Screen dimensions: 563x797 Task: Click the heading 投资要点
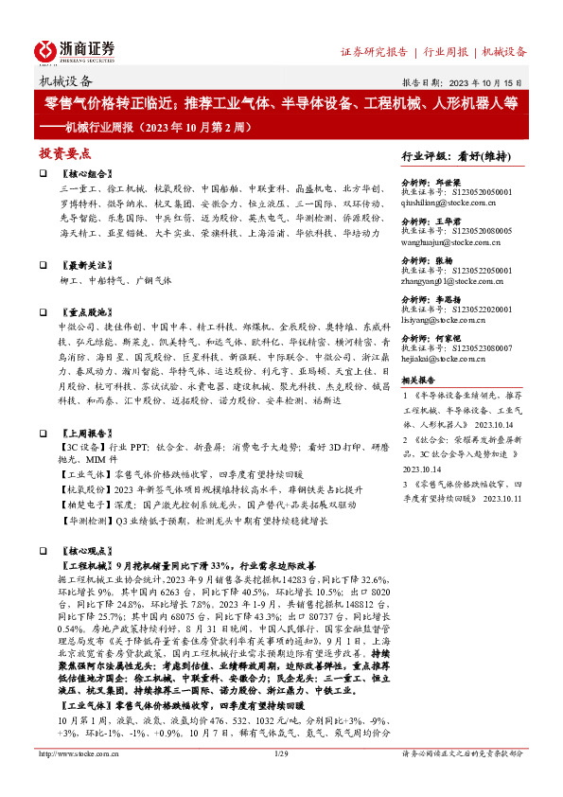64,152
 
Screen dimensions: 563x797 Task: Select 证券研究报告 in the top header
373,51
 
